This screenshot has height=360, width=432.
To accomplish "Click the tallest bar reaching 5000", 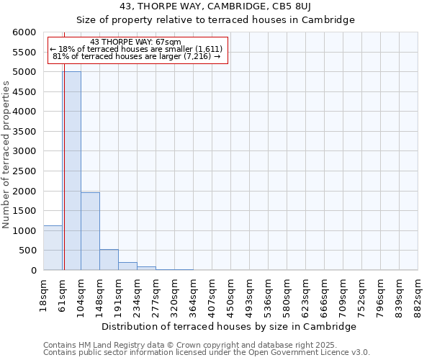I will (x=71, y=173).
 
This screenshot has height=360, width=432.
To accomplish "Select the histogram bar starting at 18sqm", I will (x=53, y=248).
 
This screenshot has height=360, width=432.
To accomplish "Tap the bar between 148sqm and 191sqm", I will (x=109, y=260).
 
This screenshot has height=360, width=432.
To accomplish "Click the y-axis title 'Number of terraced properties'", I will (x=6, y=155).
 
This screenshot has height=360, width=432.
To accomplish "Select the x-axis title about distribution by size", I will (x=229, y=326).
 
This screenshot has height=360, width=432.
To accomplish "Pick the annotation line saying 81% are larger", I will (x=136, y=56).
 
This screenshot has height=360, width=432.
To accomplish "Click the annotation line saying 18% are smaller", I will (x=136, y=49).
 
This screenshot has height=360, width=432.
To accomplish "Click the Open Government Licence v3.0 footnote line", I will (x=206, y=353).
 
